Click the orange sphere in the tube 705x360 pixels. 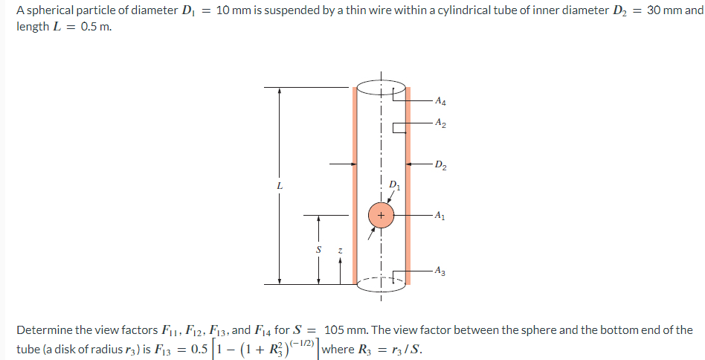coord(381,215)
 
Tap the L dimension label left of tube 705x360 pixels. coord(280,185)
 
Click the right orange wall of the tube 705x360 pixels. coord(408,186)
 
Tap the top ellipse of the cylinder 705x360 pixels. coord(381,88)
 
